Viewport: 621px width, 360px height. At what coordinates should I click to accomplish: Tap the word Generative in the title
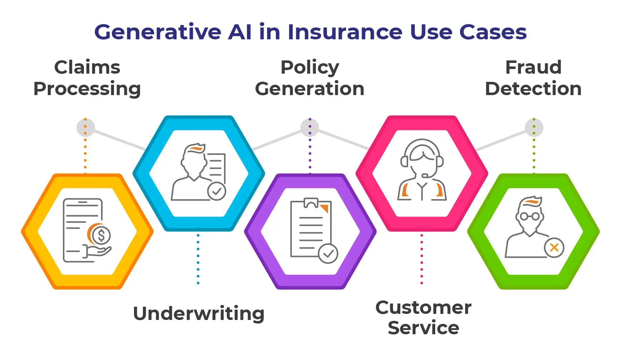(158, 32)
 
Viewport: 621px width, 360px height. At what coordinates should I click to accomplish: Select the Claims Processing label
(87, 78)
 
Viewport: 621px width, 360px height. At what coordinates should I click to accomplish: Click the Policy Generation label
(310, 78)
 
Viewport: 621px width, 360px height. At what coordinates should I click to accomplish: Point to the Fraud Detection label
(533, 78)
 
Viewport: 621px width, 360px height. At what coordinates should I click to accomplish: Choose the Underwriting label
(199, 314)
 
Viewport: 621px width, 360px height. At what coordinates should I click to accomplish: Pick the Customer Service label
(423, 317)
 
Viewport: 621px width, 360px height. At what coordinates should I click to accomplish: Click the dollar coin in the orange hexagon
(101, 235)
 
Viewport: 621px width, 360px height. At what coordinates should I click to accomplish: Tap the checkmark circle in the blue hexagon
(217, 191)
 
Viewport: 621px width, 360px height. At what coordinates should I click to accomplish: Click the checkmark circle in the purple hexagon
(328, 253)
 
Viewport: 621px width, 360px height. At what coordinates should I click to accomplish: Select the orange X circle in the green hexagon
(554, 247)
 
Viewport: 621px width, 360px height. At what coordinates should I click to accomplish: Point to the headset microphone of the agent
(425, 175)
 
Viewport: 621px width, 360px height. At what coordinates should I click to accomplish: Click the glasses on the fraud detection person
(530, 216)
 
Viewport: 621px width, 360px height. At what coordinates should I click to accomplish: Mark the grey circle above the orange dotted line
(85, 128)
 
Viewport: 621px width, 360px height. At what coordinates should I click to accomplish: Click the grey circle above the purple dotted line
(310, 128)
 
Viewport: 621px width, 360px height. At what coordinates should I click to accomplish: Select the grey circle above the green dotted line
(534, 128)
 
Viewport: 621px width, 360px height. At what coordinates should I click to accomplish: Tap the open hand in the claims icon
(98, 252)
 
